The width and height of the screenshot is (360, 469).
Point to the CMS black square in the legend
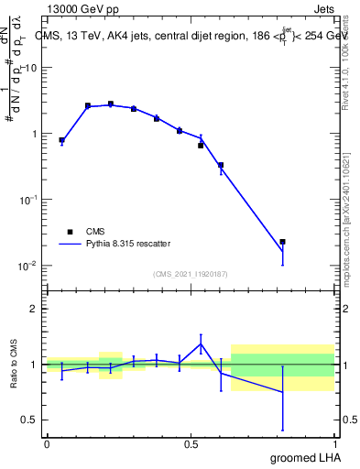pos(70,232)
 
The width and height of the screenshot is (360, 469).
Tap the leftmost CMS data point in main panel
pos(61,140)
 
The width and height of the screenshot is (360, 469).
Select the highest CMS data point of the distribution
pos(111,104)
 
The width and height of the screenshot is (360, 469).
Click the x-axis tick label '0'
pos(47,443)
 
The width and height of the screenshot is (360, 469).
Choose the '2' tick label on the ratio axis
pos(34,309)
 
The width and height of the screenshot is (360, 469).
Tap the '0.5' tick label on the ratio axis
pos(29,420)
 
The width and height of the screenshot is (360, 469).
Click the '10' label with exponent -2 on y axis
pos(27,266)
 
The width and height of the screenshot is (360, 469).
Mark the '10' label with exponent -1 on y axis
pos(27,200)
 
